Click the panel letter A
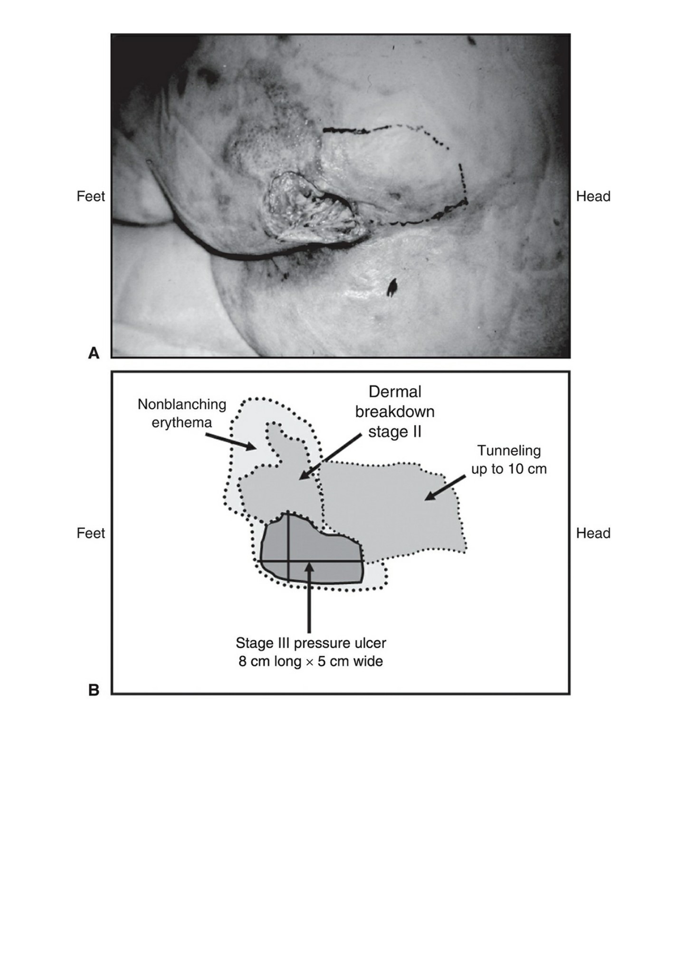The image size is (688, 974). (94, 353)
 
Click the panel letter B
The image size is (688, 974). (94, 689)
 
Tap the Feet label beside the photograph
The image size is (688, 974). (91, 196)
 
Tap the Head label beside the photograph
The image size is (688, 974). (593, 196)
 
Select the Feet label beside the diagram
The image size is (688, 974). (91, 533)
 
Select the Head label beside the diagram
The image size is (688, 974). (593, 533)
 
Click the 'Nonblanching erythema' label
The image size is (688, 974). (182, 413)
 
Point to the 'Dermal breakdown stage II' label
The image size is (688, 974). (395, 411)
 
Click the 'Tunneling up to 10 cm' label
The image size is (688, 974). (509, 459)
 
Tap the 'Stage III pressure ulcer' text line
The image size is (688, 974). (311, 643)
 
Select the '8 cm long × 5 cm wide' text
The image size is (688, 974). (311, 661)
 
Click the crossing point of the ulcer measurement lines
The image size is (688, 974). (288, 561)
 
